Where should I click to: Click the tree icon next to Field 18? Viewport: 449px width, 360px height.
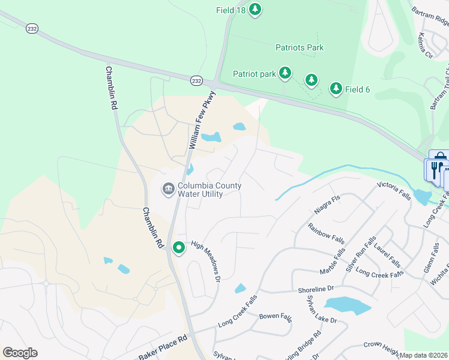point(255,10)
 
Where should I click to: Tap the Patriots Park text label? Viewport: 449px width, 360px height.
point(300,47)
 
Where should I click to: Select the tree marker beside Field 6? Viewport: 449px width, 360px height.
point(336,89)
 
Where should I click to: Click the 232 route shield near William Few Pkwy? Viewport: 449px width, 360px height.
point(196,80)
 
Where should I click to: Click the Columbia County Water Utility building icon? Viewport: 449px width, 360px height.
point(168,190)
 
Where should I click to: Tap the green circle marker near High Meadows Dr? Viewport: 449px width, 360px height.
point(178,247)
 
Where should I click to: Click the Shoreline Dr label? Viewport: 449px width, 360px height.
point(315,289)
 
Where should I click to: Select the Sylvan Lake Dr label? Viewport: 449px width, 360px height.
point(322,310)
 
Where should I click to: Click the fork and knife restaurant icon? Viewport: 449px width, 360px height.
point(437,169)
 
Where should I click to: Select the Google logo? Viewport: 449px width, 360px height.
point(20,353)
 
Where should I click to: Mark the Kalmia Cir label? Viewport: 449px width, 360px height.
point(425,46)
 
